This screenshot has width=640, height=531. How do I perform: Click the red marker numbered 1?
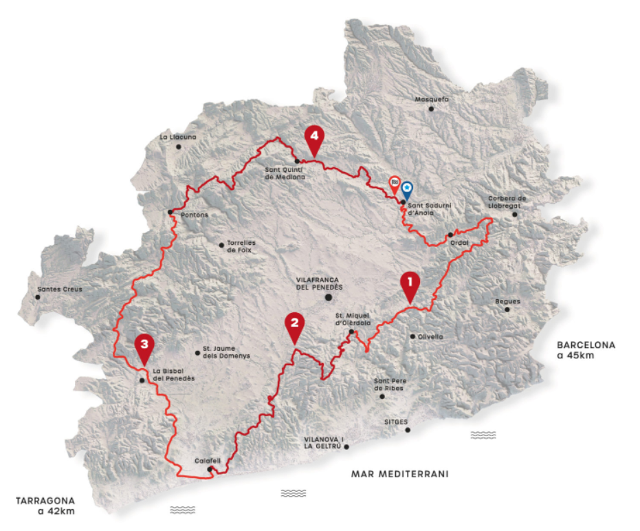(410, 284)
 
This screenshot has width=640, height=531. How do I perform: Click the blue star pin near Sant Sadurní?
(407, 188)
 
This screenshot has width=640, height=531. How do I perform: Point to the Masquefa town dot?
(431, 109)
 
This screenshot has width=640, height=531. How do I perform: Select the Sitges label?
(397, 422)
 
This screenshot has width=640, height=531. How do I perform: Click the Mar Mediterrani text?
(399, 473)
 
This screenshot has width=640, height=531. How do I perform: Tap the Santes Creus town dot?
(37, 297)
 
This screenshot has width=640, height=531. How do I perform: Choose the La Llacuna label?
(178, 137)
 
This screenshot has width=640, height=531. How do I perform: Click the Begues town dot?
(507, 310)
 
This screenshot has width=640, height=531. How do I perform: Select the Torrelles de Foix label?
(240, 248)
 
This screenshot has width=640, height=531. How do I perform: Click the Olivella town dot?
(412, 336)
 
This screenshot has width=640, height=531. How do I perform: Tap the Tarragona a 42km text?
(47, 505)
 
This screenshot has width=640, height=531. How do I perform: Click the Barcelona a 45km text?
(586, 350)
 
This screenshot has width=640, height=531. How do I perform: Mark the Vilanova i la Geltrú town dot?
(346, 447)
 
